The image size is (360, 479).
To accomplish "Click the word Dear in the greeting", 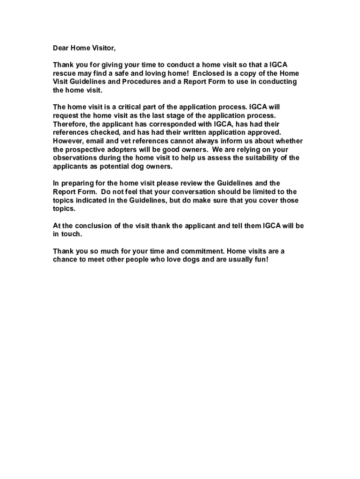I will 60,48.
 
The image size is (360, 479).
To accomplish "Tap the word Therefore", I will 70,124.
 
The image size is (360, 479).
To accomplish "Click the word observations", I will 75,158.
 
